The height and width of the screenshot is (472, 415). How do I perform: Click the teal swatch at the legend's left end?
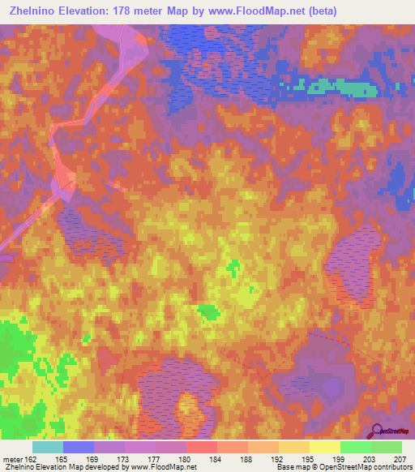[x=48, y=447]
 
